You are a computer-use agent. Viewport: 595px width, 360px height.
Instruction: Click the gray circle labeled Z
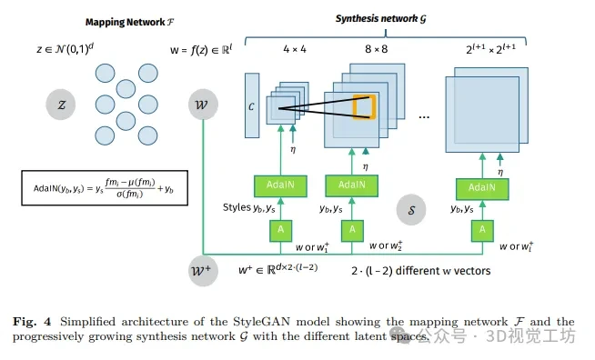[x=61, y=105]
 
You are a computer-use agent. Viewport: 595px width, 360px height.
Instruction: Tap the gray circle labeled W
[x=203, y=105]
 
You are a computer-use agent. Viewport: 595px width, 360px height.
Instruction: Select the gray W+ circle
[x=203, y=271]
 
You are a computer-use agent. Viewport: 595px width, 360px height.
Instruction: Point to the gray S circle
[x=411, y=210]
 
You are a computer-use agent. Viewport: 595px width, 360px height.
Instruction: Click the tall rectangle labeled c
[x=252, y=105]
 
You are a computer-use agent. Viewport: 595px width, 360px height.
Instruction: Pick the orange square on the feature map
[x=364, y=107]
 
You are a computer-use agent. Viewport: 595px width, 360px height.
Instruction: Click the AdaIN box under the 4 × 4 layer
[x=280, y=185]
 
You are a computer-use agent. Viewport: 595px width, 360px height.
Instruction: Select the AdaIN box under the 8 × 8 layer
[x=351, y=185]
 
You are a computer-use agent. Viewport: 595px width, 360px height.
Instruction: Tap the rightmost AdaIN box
[x=482, y=189]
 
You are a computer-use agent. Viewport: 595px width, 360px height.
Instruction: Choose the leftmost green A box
[x=280, y=231]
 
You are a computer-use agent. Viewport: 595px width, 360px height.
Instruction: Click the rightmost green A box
[x=482, y=231]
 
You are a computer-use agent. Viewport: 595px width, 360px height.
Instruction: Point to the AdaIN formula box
[x=105, y=188]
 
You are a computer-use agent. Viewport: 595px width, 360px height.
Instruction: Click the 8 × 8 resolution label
[x=376, y=49]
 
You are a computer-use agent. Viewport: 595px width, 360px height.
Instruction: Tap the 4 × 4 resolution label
[x=295, y=49]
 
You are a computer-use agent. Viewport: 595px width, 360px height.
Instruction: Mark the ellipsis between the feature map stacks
[x=424, y=117]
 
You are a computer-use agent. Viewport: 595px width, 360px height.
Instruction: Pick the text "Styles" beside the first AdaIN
[x=237, y=207]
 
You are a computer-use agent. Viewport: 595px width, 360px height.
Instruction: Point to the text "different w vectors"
[x=443, y=271]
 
